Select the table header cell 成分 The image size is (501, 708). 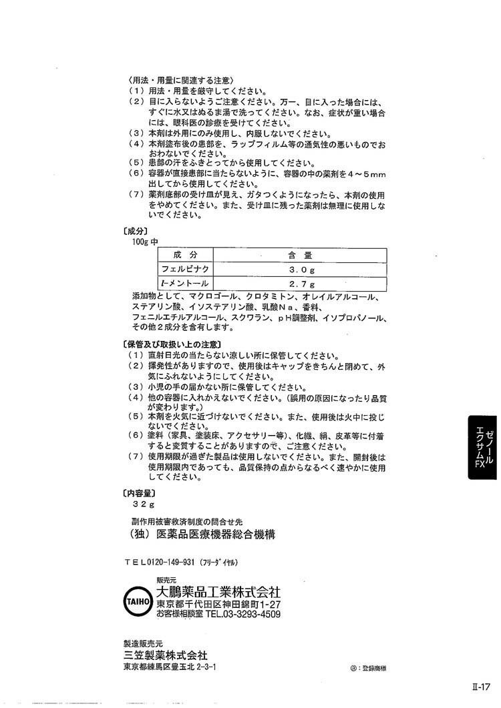tap(186, 254)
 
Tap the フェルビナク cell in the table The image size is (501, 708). tap(186, 269)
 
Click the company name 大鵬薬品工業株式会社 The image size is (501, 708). tap(218, 592)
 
